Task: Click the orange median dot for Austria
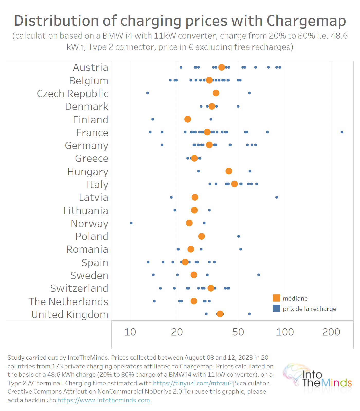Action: [x=221, y=67]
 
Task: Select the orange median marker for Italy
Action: [x=234, y=184]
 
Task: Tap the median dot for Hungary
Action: [x=229, y=171]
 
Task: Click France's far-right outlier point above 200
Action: [x=342, y=132]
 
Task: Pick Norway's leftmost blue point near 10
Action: [x=131, y=223]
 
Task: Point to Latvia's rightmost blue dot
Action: [x=276, y=197]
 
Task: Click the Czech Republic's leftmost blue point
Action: [x=147, y=93]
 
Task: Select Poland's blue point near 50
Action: [x=238, y=236]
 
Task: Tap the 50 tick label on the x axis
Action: [x=238, y=332]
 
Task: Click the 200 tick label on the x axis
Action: [x=331, y=332]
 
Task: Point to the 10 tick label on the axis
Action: [x=130, y=332]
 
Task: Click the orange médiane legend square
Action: [x=276, y=298]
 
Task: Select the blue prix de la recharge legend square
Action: [x=276, y=308]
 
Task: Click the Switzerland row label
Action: [x=79, y=288]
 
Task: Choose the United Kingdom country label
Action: [x=70, y=315]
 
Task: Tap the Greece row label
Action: [x=92, y=158]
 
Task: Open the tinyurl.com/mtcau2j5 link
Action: [x=195, y=383]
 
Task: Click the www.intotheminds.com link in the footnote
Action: [x=104, y=400]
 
